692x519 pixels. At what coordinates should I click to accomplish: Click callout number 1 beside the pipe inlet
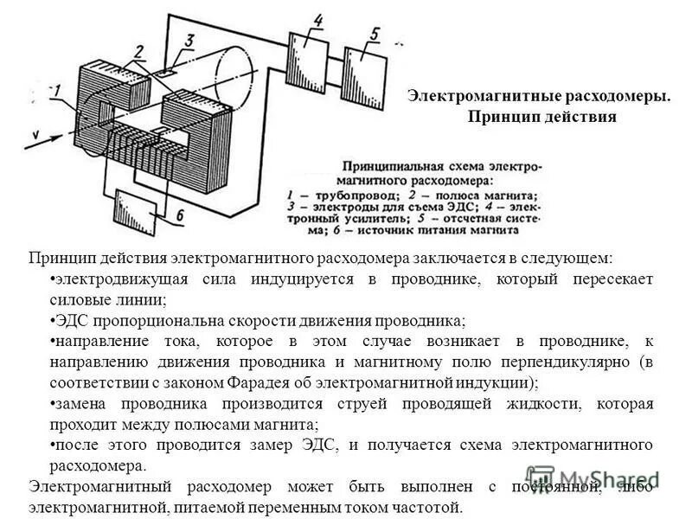[x=55, y=90]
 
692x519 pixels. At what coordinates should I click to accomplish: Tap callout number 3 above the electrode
[x=188, y=40]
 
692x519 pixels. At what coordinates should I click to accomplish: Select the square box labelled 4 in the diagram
[x=309, y=55]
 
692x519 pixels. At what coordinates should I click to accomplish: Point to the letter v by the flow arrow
[x=34, y=133]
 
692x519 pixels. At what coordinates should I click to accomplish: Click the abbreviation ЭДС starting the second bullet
[x=68, y=319]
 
